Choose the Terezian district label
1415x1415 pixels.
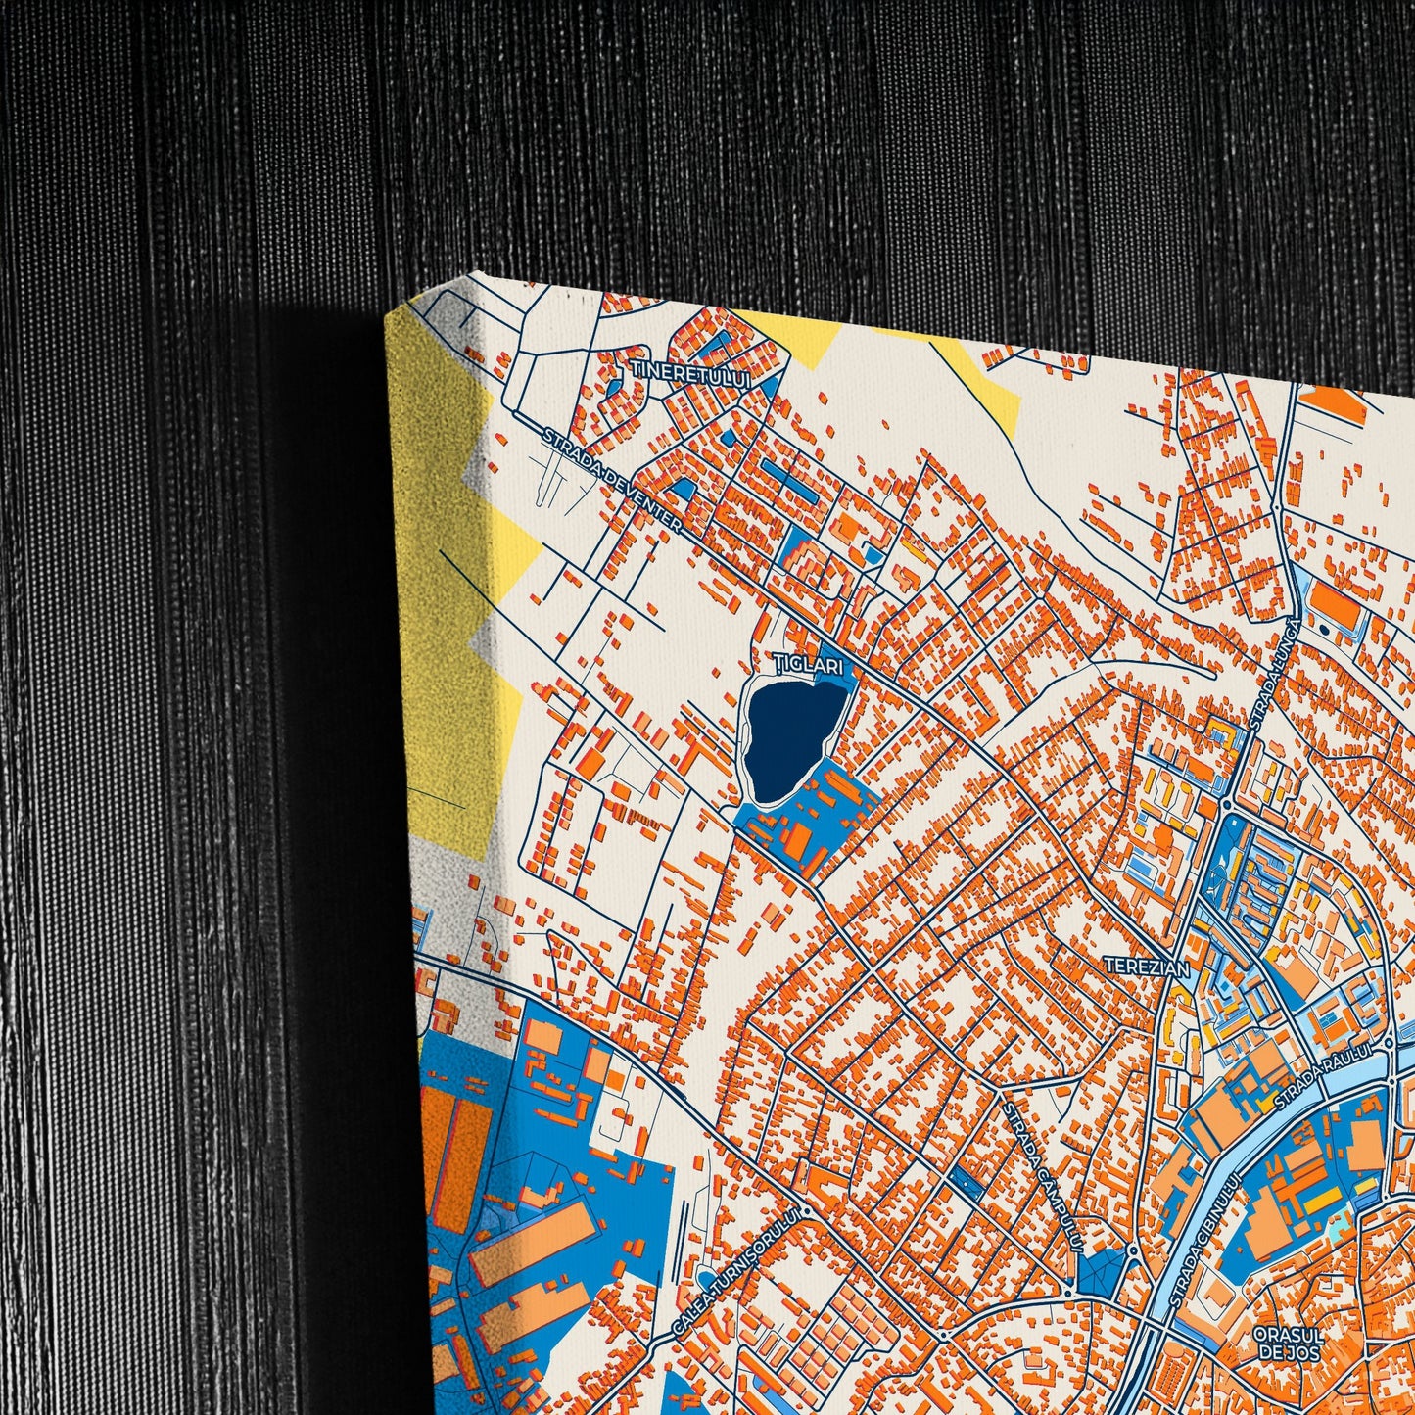click(x=1146, y=967)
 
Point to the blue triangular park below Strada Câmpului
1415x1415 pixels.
click(x=1100, y=1272)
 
